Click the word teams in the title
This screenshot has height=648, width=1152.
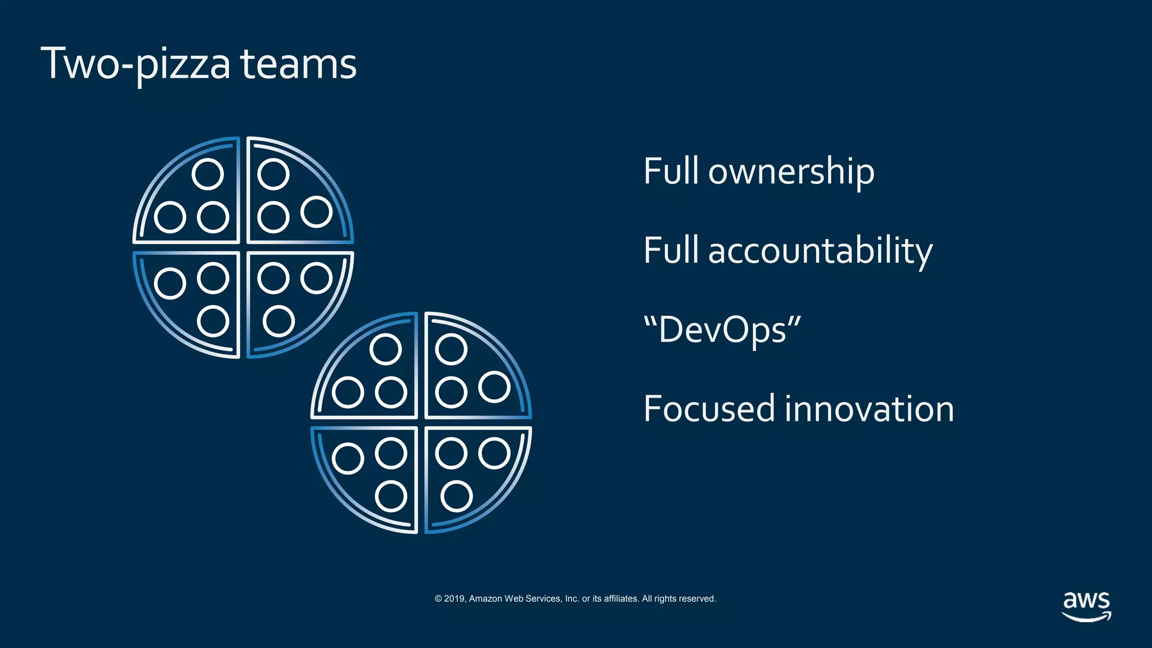click(x=298, y=64)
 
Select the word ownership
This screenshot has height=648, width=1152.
click(x=791, y=172)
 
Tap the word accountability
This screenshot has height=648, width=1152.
click(x=820, y=251)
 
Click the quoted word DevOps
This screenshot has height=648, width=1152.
click(x=722, y=330)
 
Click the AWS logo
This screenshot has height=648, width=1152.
click(x=1086, y=606)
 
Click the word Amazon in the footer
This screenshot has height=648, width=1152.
click(x=485, y=598)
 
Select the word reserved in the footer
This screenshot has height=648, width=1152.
click(x=698, y=598)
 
